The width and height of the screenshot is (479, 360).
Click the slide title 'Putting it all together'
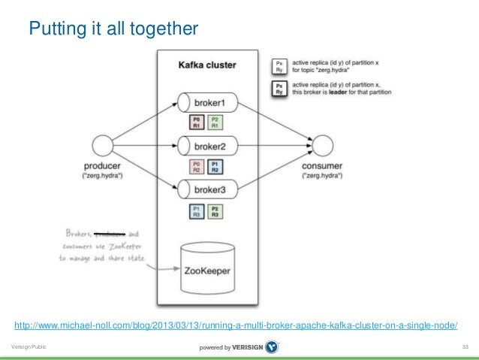(x=113, y=29)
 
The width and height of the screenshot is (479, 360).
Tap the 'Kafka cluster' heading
(x=206, y=65)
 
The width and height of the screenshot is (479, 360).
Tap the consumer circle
(x=323, y=144)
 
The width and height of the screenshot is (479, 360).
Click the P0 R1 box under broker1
(x=197, y=122)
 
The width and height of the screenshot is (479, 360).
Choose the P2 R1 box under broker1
(x=215, y=122)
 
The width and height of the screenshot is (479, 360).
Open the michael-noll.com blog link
(x=236, y=325)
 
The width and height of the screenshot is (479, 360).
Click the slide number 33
(x=465, y=346)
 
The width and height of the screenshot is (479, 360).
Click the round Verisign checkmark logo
(x=273, y=346)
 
